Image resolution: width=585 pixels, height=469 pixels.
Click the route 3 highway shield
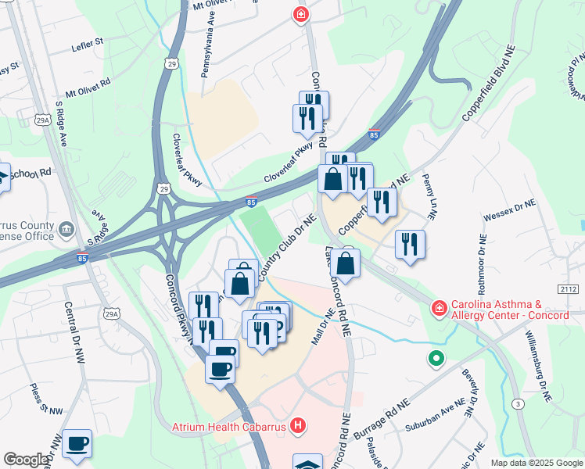(x=518, y=403)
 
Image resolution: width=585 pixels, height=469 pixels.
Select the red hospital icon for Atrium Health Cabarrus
(x=297, y=426)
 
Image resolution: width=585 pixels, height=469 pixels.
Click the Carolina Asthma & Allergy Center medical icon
(x=439, y=310)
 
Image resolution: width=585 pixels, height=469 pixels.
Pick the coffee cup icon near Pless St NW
(x=77, y=443)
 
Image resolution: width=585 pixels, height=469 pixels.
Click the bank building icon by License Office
(x=68, y=229)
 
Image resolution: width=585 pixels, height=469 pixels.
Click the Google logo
(x=25, y=460)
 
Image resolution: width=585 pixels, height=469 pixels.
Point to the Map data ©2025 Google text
(x=536, y=463)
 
